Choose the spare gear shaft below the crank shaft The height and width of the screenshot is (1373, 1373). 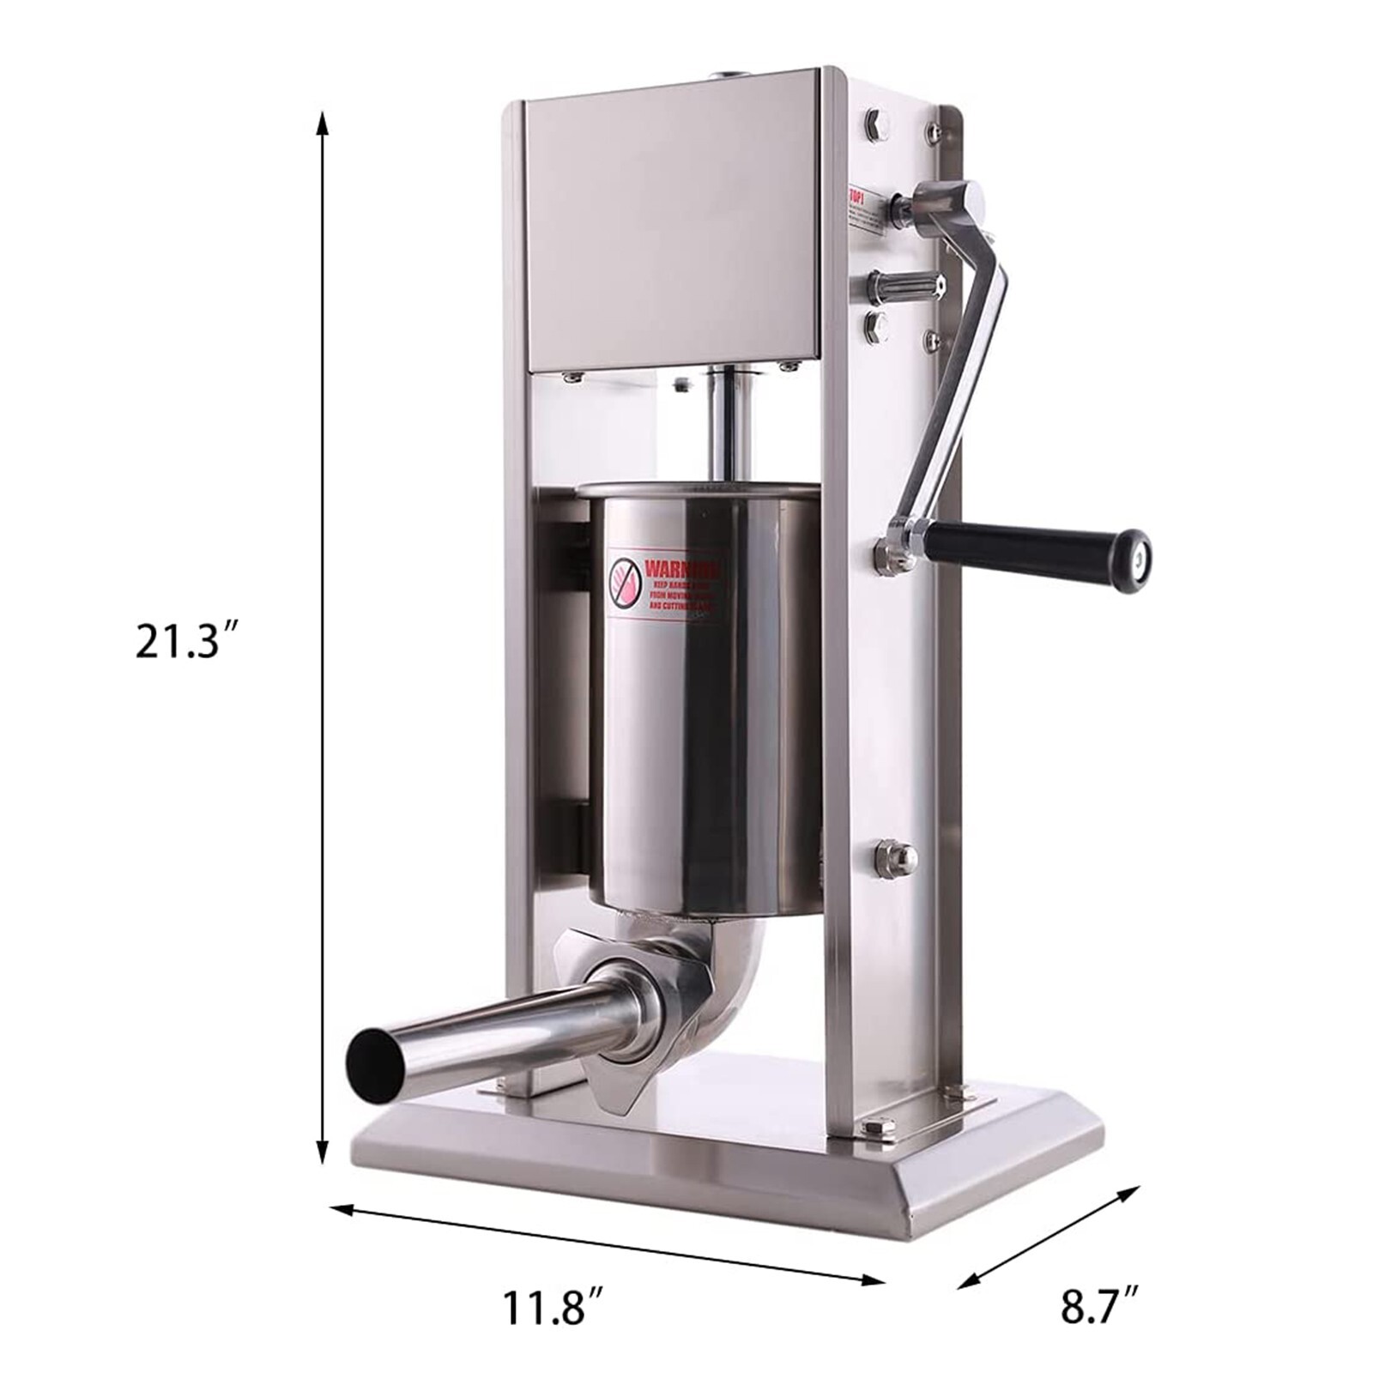pyautogui.click(x=905, y=283)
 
